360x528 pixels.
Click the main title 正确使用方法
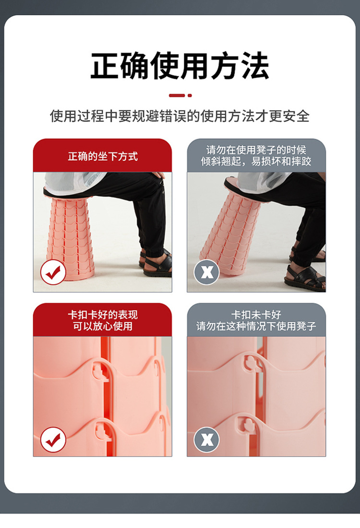coord(180,66)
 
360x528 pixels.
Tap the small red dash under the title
coord(177,95)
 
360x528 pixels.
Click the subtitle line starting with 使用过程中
coord(180,116)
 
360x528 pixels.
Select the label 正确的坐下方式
coord(103,157)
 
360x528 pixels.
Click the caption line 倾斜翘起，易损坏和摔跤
coord(256,161)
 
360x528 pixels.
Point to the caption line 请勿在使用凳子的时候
coord(256,150)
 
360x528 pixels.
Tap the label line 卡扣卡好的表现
coord(103,315)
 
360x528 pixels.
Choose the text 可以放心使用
coord(103,326)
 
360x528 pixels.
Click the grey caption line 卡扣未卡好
coord(256,315)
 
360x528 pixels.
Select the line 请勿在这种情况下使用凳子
coord(256,326)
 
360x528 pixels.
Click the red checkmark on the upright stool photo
coord(53,272)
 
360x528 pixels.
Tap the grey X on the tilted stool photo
coord(206,272)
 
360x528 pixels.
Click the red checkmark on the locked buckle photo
coord(53,440)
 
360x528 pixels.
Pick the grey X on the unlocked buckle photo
coord(206,440)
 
